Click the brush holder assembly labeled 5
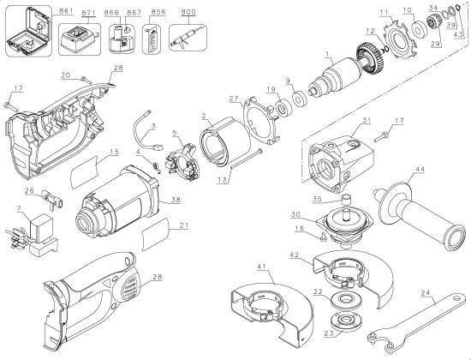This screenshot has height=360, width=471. click(x=180, y=145)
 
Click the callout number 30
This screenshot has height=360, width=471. click(x=295, y=214)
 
